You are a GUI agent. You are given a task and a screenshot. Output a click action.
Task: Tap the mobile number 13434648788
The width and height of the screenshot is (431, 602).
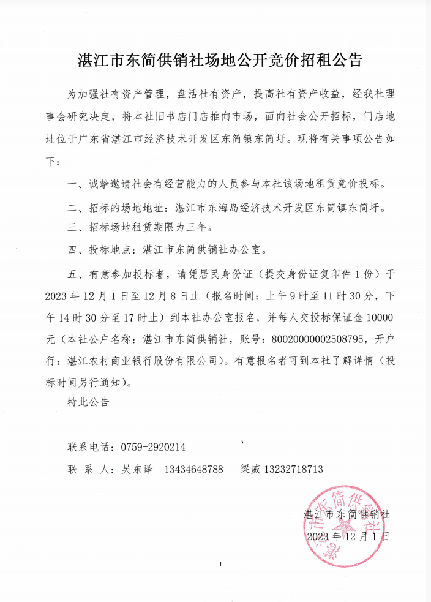click(x=193, y=470)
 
